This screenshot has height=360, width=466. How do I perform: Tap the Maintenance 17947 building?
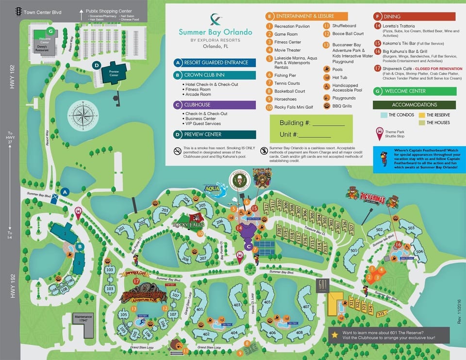coord(83,325)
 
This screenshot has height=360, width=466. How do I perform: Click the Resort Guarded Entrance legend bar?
coord(214,63)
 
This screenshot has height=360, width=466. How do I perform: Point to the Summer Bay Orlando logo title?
coord(215,32)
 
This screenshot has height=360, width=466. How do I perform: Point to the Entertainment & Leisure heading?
coord(306,16)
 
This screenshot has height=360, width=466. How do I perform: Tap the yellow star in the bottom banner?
coord(335,334)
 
